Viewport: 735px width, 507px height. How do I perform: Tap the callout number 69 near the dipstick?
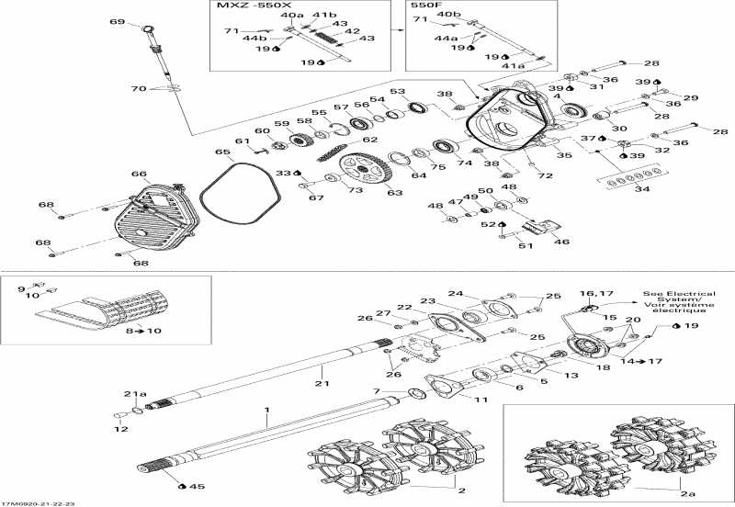117,21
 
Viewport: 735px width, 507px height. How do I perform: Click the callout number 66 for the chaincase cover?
139,174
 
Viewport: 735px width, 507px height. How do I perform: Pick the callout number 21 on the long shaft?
322,383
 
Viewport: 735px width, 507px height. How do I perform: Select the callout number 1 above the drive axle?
267,408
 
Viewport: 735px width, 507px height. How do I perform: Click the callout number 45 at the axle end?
197,486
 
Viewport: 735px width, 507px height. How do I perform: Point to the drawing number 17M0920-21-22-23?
39,502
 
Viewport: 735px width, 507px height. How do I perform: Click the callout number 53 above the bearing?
397,92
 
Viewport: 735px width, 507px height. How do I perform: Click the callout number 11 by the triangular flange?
481,400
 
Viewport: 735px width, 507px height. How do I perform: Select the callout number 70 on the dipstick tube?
139,89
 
